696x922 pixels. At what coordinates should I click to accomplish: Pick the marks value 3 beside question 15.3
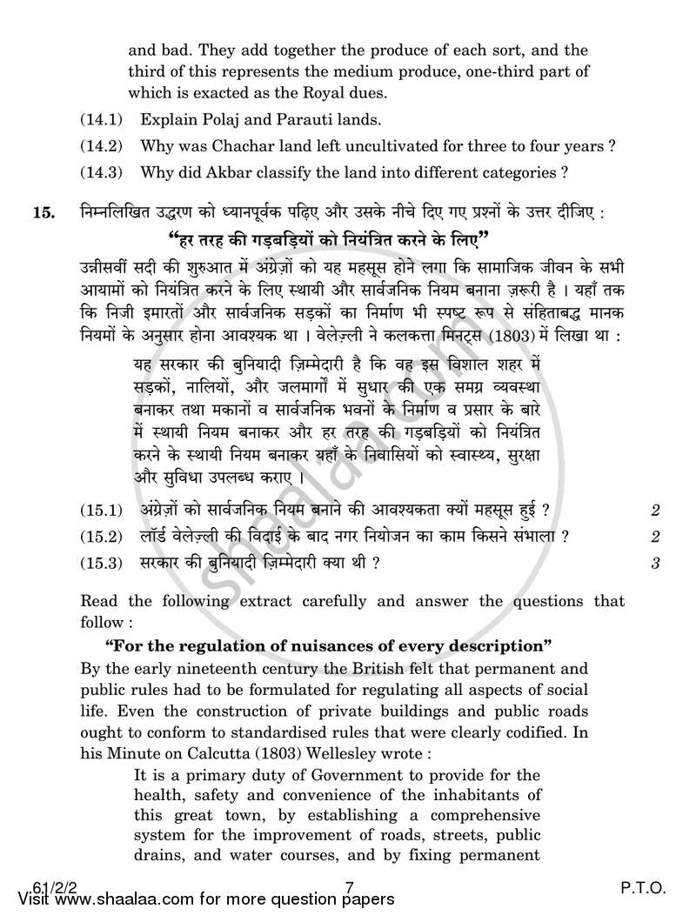[655, 563]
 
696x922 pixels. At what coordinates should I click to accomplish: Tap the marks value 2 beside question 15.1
[655, 511]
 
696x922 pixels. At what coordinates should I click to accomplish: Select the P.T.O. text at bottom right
[644, 888]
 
